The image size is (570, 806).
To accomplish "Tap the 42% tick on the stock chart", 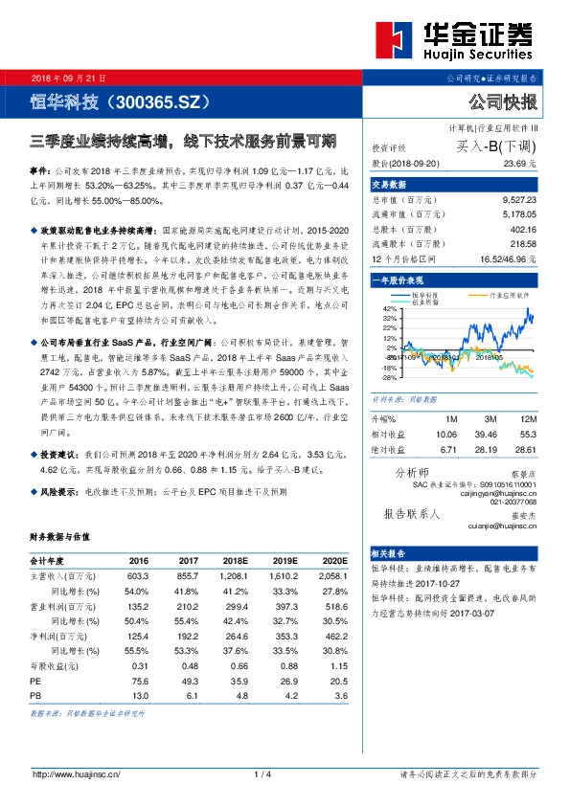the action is [390, 309].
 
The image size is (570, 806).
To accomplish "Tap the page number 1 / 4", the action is [263, 774].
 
